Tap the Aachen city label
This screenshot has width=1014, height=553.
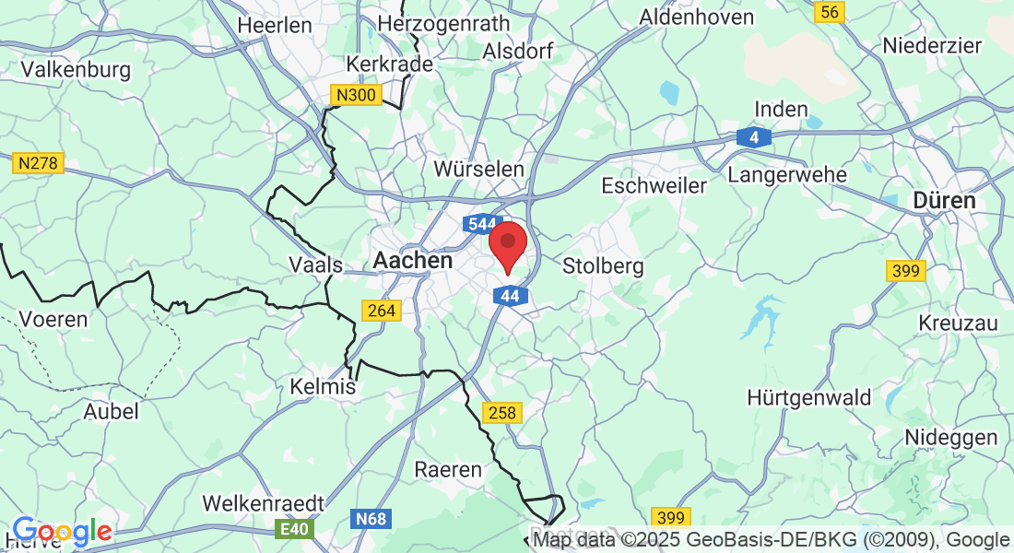pyautogui.click(x=413, y=261)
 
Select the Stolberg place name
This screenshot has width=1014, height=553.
pyautogui.click(x=603, y=266)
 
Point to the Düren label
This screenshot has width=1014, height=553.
pyautogui.click(x=944, y=200)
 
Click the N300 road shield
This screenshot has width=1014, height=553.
pyautogui.click(x=356, y=95)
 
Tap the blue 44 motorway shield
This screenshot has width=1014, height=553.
pyautogui.click(x=511, y=296)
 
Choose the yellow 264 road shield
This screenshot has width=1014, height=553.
pyautogui.click(x=382, y=311)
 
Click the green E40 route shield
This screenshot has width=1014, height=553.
pyautogui.click(x=295, y=529)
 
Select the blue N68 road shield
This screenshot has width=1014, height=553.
pyautogui.click(x=371, y=519)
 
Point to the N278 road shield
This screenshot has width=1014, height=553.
pyautogui.click(x=38, y=163)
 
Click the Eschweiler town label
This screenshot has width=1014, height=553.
pyautogui.click(x=654, y=185)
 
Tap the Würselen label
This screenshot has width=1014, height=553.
pyautogui.click(x=479, y=169)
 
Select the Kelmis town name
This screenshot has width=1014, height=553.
pyautogui.click(x=323, y=386)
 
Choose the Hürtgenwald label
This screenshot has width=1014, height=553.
pyautogui.click(x=809, y=398)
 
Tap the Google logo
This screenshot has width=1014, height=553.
pyautogui.click(x=62, y=531)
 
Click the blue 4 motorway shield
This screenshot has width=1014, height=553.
pyautogui.click(x=754, y=137)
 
